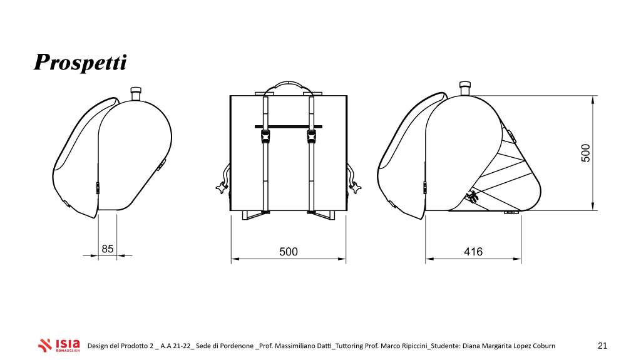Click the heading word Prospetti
click(x=80, y=63)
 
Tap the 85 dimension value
click(x=108, y=249)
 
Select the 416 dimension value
click(x=473, y=252)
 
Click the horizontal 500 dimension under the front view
click(x=289, y=252)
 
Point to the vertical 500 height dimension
click(x=586, y=153)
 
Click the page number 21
click(x=603, y=346)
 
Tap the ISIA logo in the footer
click(x=59, y=345)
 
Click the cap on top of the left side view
click(x=136, y=93)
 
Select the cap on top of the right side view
click(x=465, y=89)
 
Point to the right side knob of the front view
click(x=355, y=188)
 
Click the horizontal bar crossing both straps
click(x=288, y=127)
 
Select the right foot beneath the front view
click(x=323, y=215)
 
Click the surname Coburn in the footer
click(x=544, y=346)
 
